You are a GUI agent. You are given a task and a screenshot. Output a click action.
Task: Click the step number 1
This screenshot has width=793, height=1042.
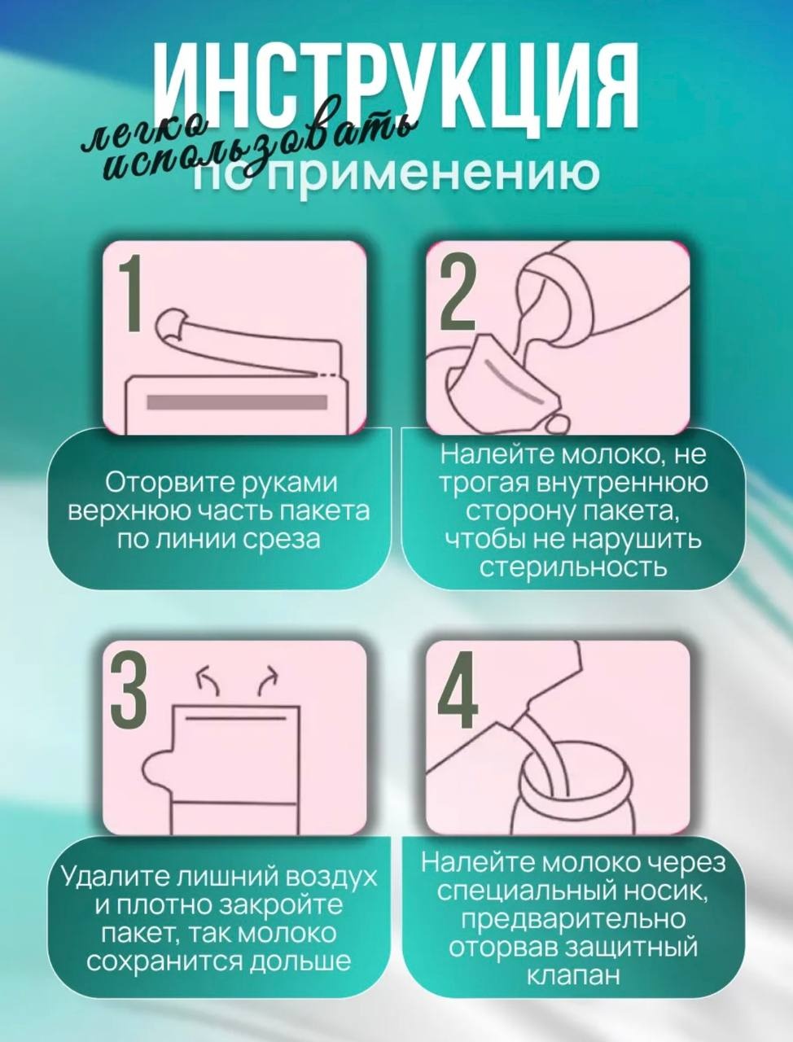coord(129,292)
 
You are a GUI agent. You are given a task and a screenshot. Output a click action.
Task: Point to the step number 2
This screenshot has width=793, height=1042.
coord(457,292)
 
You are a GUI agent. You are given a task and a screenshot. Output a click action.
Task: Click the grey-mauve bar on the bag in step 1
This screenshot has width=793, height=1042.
coord(237,403)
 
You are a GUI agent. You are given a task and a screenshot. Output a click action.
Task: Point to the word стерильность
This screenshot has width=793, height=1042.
coord(573,567)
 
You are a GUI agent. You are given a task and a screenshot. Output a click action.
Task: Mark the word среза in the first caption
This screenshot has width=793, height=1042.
coord(282,539)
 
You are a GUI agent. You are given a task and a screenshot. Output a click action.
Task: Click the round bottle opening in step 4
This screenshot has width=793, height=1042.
coord(577,769)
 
